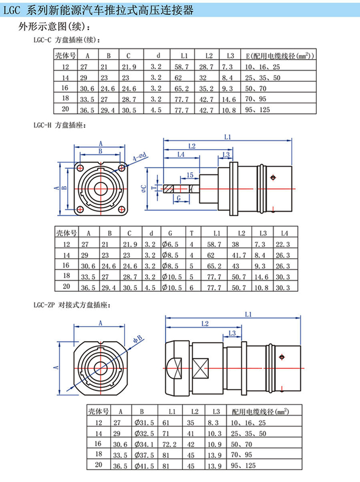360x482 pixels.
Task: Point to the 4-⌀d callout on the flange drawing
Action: (140, 157)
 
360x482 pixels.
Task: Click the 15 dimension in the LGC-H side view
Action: (190, 175)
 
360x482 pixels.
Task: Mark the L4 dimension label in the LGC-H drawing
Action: (181, 154)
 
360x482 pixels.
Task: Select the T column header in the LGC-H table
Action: (191, 233)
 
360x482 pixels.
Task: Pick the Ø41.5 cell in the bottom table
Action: (144, 466)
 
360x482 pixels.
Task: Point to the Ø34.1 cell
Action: (144, 443)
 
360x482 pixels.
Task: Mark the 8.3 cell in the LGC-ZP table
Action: (214, 422)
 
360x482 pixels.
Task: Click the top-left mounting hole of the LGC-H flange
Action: (81, 168)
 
